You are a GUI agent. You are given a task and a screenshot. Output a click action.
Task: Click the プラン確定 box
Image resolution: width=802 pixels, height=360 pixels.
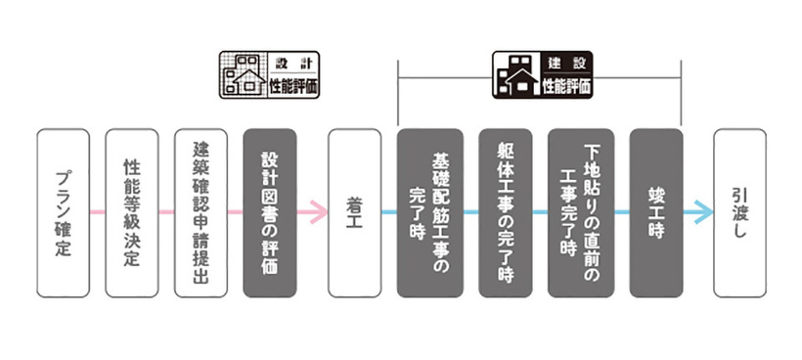tap(63, 212)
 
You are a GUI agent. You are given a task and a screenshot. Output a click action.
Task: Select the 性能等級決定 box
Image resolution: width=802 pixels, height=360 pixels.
tap(132, 212)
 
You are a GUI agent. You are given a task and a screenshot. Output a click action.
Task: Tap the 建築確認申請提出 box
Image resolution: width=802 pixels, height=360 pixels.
tap(200, 212)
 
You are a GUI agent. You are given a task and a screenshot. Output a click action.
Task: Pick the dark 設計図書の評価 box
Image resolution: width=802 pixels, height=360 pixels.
tap(269, 212)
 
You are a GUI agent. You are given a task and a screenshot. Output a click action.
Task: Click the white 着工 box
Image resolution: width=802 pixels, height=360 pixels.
tap(354, 212)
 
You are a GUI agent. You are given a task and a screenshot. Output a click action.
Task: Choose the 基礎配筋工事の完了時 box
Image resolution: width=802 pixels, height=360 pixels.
tap(429, 212)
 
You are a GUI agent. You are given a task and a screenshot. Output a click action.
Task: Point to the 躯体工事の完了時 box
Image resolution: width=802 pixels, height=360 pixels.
tap(506, 212)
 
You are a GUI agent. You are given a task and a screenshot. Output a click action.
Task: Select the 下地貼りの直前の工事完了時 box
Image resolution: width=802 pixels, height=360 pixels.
tap(581, 212)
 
